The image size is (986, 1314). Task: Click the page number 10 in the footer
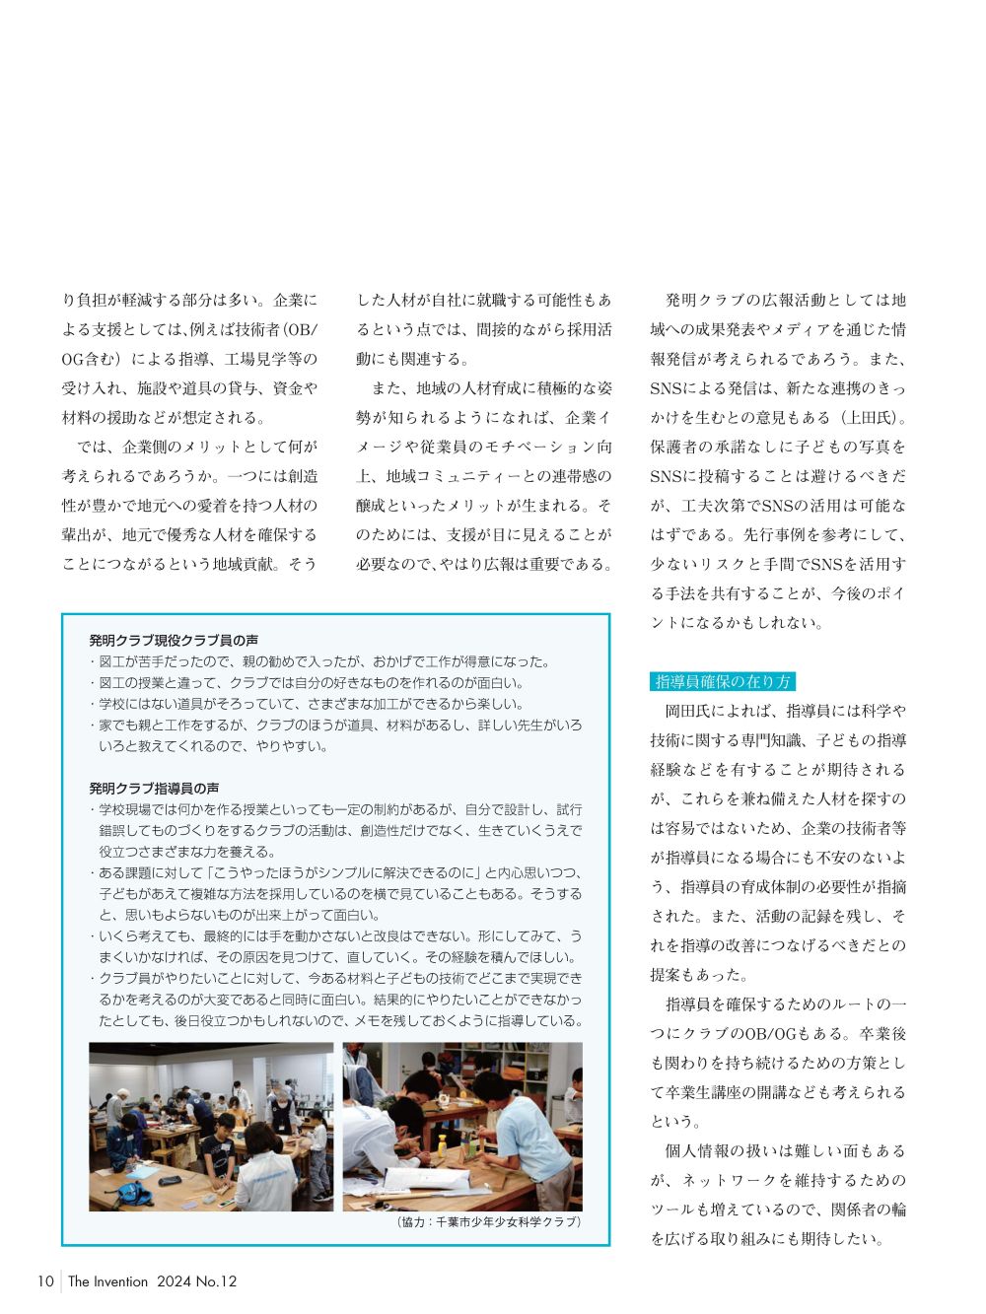(45, 1281)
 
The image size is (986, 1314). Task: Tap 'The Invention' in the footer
(107, 1281)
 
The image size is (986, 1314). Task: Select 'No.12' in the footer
(216, 1281)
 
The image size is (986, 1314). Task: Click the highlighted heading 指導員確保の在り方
(723, 681)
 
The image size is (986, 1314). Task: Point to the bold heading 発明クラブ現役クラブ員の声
(174, 640)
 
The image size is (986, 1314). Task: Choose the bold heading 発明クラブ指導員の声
(154, 788)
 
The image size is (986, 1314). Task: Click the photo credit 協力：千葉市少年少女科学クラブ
(488, 1221)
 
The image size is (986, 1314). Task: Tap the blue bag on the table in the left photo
(134, 1195)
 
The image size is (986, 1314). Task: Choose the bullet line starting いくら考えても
(339, 935)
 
